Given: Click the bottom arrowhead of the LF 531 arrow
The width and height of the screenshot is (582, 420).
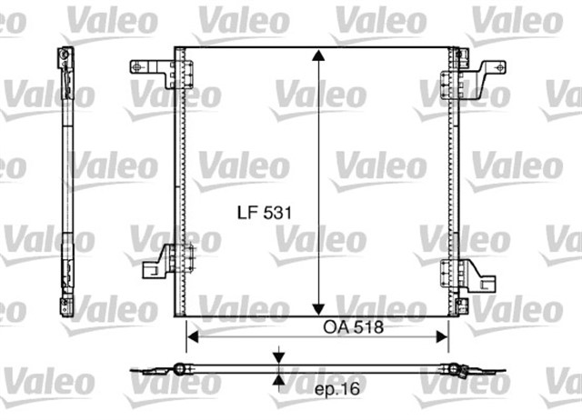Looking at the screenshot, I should tap(317, 307).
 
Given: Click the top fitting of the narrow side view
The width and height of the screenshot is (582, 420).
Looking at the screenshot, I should tap(65, 60).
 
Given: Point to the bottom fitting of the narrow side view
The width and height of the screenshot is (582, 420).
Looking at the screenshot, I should tap(65, 305).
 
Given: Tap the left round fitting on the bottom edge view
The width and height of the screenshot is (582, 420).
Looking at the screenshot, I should tap(180, 368).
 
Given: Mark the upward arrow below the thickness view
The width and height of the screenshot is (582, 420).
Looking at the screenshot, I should tap(279, 382).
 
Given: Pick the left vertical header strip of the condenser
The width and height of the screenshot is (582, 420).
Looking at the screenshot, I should tap(180, 182).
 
